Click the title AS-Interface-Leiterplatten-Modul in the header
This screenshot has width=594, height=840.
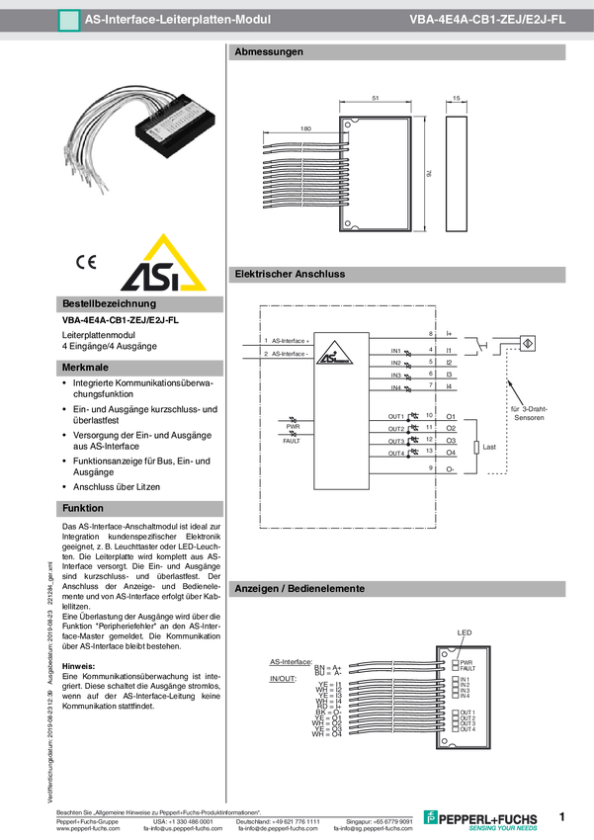tap(177, 20)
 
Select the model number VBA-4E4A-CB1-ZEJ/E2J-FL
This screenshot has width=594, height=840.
tap(487, 20)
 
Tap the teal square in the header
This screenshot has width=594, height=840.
tap(68, 20)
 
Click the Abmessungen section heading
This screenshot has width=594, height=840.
tap(268, 51)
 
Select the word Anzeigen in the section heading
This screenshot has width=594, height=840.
tap(255, 588)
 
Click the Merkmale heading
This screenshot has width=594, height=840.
tap(84, 367)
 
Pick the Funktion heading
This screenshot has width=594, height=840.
tap(83, 508)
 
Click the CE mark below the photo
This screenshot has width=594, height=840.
tap(86, 262)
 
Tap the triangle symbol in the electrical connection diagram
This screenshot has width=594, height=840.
tap(335, 350)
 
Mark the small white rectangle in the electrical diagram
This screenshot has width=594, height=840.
tap(476, 447)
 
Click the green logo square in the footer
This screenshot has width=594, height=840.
tap(429, 816)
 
